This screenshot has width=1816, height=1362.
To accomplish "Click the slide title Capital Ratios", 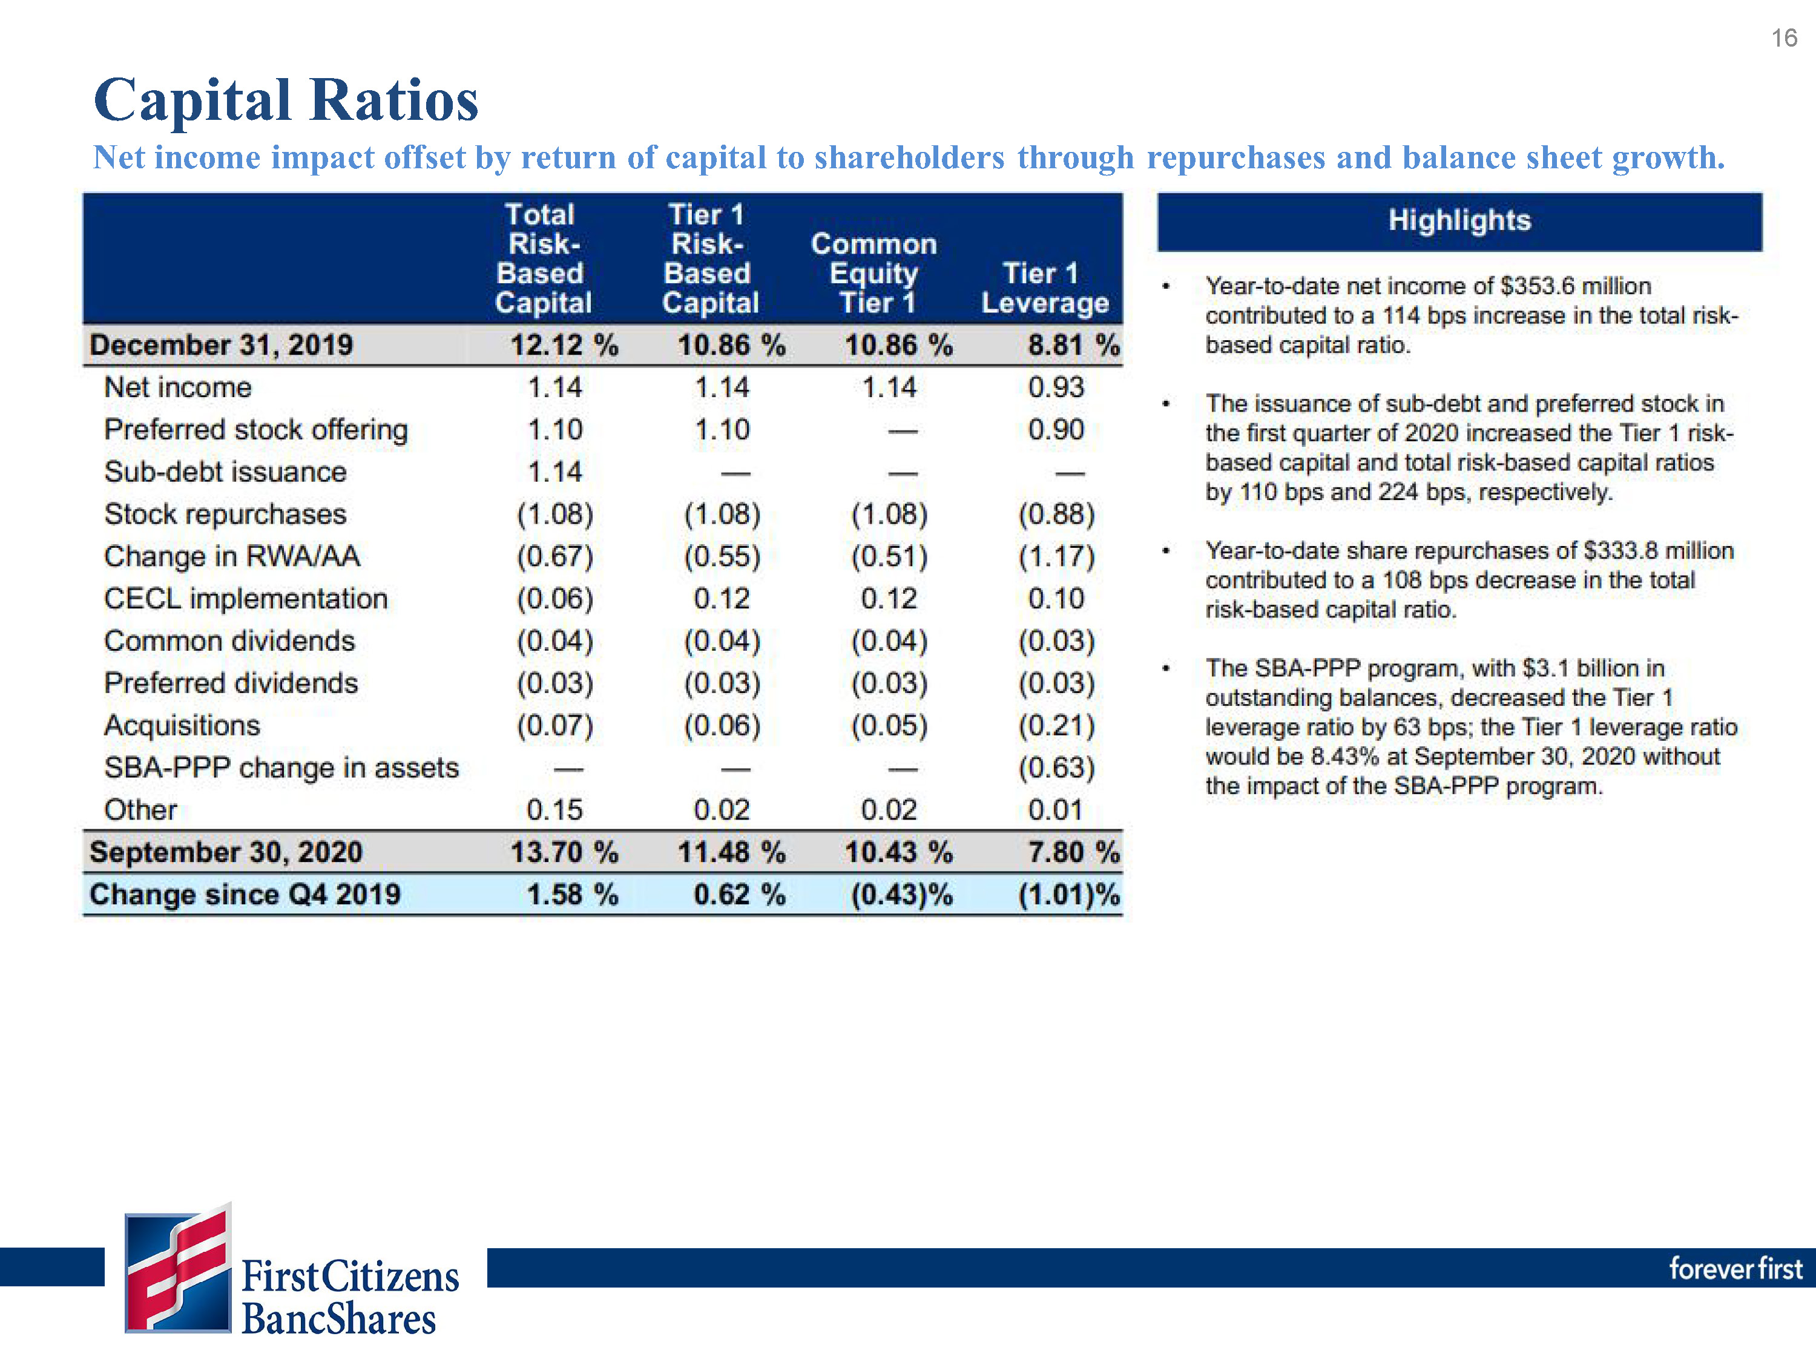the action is click(x=286, y=100).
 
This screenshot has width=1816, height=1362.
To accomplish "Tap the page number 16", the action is click(x=1783, y=38).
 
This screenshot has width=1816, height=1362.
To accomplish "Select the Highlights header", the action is click(x=1459, y=220).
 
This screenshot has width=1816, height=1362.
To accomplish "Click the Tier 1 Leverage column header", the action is click(x=1044, y=288).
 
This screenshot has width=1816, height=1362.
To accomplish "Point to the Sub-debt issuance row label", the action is click(x=225, y=472).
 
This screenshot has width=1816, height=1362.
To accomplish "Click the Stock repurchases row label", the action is click(x=225, y=514).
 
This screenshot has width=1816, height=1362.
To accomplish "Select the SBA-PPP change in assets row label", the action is click(x=281, y=768).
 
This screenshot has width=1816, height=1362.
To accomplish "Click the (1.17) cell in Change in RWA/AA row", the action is click(x=1056, y=557).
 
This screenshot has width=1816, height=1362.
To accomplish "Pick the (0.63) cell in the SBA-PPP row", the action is click(x=1056, y=768).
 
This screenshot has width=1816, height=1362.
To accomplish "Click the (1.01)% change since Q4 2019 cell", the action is click(x=1069, y=894).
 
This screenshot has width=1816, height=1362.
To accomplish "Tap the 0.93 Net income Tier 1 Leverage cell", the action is click(x=1056, y=387).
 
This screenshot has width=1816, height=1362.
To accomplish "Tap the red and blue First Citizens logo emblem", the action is click(x=178, y=1268).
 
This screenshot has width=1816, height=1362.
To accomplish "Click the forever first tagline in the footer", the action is click(x=1735, y=1268).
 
